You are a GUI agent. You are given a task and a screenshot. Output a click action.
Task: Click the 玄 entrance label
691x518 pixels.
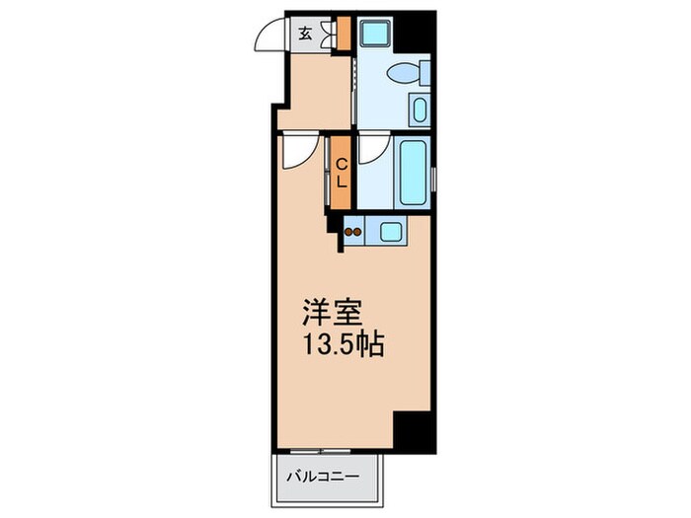tap(305, 32)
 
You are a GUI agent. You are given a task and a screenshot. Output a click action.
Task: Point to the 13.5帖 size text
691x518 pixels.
tap(343, 346)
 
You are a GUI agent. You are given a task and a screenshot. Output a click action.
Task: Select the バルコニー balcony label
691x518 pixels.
tap(323, 478)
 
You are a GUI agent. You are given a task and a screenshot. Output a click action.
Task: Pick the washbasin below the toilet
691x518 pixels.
tap(418, 111)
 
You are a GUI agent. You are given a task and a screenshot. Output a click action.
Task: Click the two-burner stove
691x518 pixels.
tap(353, 234)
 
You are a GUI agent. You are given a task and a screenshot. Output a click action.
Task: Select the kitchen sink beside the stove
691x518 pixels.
tap(390, 234)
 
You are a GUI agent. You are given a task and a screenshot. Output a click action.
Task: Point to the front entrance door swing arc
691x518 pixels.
tap(268, 37)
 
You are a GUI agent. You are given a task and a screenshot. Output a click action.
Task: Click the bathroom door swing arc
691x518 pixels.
tap(373, 149)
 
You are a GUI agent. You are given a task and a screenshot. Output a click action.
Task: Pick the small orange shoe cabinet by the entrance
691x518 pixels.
tap(343, 34)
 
